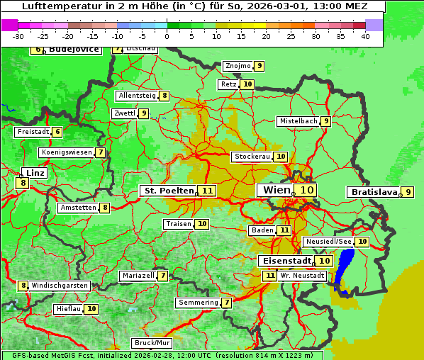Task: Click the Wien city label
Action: tap(277, 190)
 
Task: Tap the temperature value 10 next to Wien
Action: tap(306, 190)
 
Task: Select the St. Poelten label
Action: tap(169, 191)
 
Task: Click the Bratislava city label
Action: tap(372, 192)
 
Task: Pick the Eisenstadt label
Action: tap(286, 261)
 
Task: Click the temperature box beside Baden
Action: tap(284, 230)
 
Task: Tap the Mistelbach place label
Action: tap(298, 121)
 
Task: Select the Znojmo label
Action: tap(237, 66)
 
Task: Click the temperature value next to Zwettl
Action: tap(144, 113)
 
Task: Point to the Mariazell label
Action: tap(138, 276)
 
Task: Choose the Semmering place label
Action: tap(198, 303)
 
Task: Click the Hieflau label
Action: tap(68, 309)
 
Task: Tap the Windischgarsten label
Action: tap(60, 286)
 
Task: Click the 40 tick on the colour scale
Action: tap(364, 36)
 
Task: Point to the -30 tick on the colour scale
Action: tap(19, 36)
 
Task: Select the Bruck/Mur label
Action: tap(152, 343)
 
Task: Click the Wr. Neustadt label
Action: tap(302, 276)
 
